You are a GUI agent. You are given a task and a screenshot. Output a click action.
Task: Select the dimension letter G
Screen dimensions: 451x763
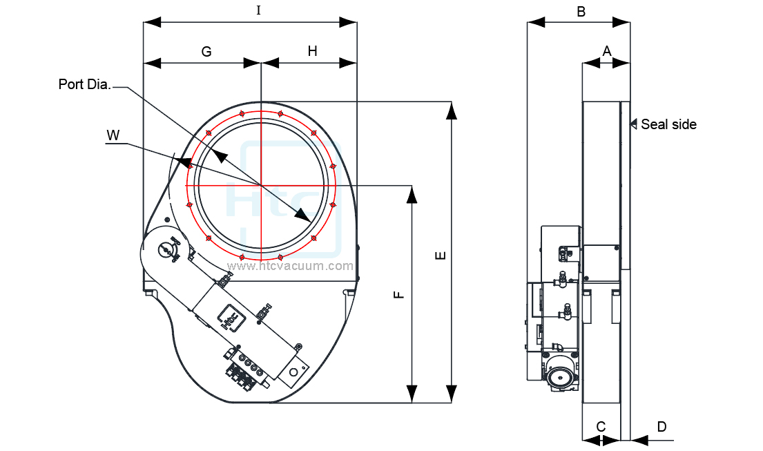[206, 51]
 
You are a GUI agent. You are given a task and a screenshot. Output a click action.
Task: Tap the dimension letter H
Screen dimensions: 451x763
[312, 51]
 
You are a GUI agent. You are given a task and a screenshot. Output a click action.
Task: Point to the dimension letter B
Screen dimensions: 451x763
[581, 11]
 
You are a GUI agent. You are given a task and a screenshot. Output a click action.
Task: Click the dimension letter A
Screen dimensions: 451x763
[607, 50]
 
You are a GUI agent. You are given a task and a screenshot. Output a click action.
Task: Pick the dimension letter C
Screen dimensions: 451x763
[601, 426]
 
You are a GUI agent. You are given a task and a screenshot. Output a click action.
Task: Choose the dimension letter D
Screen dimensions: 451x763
[661, 427]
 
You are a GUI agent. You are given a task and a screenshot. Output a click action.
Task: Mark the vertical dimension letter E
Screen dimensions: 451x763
[441, 255]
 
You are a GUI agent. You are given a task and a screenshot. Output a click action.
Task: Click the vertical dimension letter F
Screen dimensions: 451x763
[399, 295]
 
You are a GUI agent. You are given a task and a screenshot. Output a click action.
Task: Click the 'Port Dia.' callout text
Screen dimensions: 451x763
[85, 84]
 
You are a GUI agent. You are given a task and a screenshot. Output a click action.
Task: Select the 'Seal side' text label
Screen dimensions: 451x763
[668, 124]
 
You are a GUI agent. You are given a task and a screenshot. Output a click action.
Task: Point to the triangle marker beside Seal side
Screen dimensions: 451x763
[633, 124]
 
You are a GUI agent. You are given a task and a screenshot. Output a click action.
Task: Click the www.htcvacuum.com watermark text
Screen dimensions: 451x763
[290, 265]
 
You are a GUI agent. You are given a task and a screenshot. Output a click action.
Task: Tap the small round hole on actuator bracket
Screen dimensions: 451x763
[293, 372]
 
